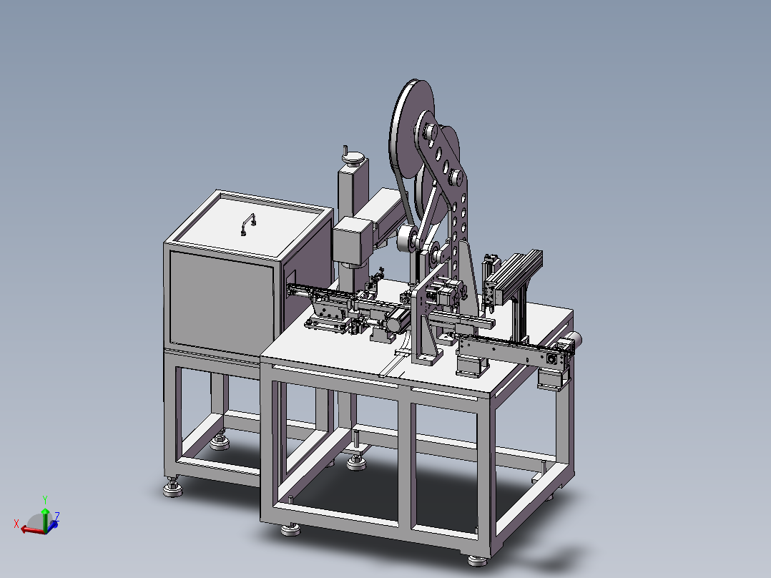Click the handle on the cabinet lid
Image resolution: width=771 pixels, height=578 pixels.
click(247, 225)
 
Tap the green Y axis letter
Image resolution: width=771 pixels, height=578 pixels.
click(45, 500)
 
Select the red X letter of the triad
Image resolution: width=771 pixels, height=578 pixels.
click(16, 524)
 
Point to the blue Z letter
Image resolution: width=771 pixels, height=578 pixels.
click(57, 516)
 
